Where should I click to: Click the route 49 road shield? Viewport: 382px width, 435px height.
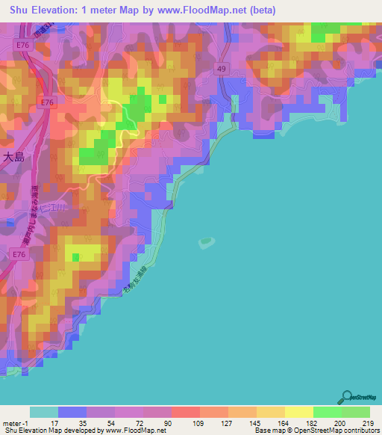pyautogui.click(x=221, y=69)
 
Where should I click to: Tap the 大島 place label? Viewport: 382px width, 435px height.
pyautogui.click(x=15, y=158)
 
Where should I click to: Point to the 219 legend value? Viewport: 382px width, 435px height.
pyautogui.click(x=369, y=422)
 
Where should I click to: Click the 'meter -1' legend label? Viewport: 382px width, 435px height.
pyautogui.click(x=15, y=422)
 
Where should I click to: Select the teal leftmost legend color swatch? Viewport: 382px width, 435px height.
pyautogui.click(x=44, y=412)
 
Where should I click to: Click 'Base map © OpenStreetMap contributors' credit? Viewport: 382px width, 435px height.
pyautogui.click(x=316, y=431)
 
